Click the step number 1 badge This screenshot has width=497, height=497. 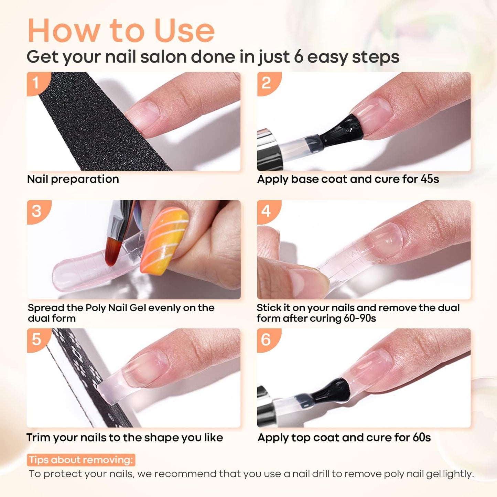coord(37,83)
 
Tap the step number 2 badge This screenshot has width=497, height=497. coord(268,83)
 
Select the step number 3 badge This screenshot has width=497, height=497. coord(37,212)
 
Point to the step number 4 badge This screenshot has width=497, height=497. coord(268,212)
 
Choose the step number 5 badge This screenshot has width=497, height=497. coord(37,340)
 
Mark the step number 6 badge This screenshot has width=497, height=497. coord(268,340)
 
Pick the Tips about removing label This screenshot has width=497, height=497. coord(81,460)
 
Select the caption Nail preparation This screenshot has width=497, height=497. coord(73,179)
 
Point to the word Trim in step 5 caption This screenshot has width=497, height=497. coord(39,437)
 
